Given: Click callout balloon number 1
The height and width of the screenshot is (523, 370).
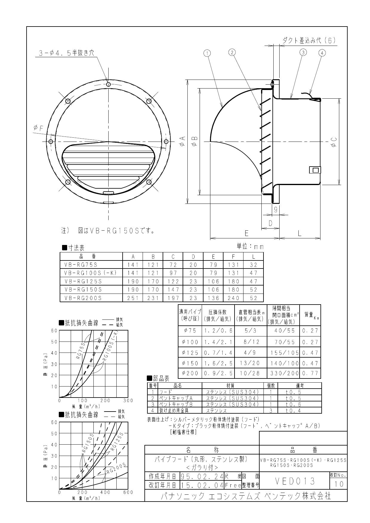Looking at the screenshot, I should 207,53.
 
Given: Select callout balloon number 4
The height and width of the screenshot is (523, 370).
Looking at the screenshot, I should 322,53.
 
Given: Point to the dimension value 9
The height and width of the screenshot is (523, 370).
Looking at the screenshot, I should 275,209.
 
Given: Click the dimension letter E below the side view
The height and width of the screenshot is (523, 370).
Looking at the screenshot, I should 246,233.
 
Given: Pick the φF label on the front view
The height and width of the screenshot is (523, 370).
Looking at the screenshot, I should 38,128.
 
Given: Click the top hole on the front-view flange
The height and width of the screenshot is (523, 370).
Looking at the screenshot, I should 108,84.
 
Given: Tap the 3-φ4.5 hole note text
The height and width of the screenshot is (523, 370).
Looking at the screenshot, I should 67,53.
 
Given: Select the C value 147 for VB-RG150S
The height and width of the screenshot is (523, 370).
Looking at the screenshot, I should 173,289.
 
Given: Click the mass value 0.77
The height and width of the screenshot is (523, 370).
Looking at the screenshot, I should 310,373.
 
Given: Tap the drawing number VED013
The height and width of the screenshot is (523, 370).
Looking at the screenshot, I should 295,481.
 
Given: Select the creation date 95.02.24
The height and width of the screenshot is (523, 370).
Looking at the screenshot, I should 202,476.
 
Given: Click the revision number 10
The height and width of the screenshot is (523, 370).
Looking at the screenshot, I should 338,484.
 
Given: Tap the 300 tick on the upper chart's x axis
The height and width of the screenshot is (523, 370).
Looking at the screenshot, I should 128,401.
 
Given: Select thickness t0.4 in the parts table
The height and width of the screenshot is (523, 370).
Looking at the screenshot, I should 293,411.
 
